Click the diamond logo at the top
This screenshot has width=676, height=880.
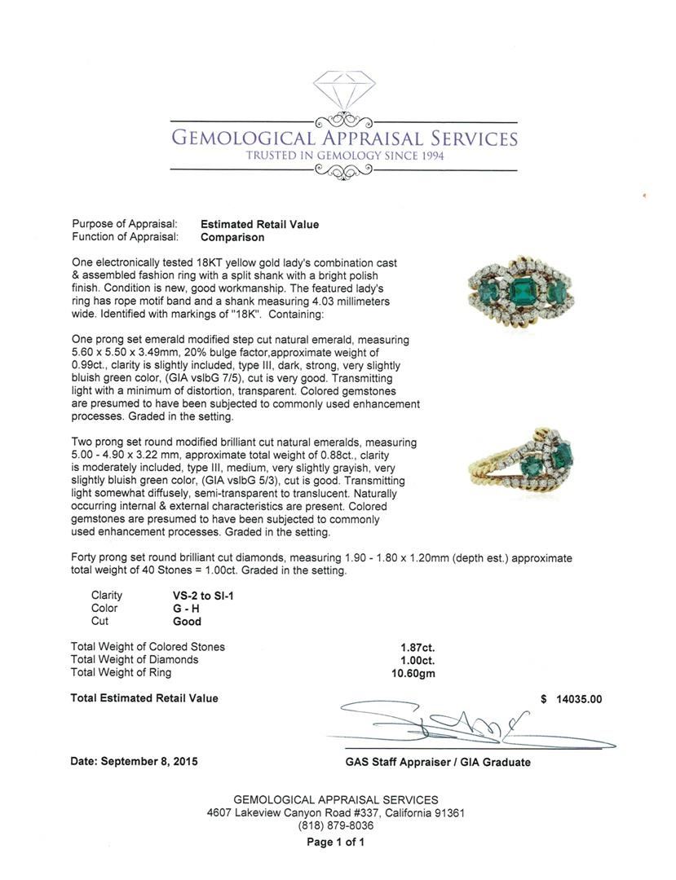(x=343, y=94)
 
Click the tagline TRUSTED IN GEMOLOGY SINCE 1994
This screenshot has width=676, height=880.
(x=343, y=156)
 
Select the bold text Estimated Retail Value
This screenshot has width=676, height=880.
(x=259, y=224)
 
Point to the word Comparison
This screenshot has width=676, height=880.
(x=232, y=237)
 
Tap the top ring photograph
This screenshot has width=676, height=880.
(x=519, y=293)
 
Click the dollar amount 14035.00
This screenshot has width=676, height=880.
(x=578, y=698)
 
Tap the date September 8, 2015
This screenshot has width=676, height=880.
(x=134, y=761)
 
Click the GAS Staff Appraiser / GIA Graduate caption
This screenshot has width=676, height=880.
(x=438, y=763)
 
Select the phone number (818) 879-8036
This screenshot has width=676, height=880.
(x=336, y=825)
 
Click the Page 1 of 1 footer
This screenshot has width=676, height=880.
(x=336, y=843)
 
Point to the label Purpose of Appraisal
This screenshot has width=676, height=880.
(x=125, y=224)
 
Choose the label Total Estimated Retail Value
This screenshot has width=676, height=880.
(x=144, y=698)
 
